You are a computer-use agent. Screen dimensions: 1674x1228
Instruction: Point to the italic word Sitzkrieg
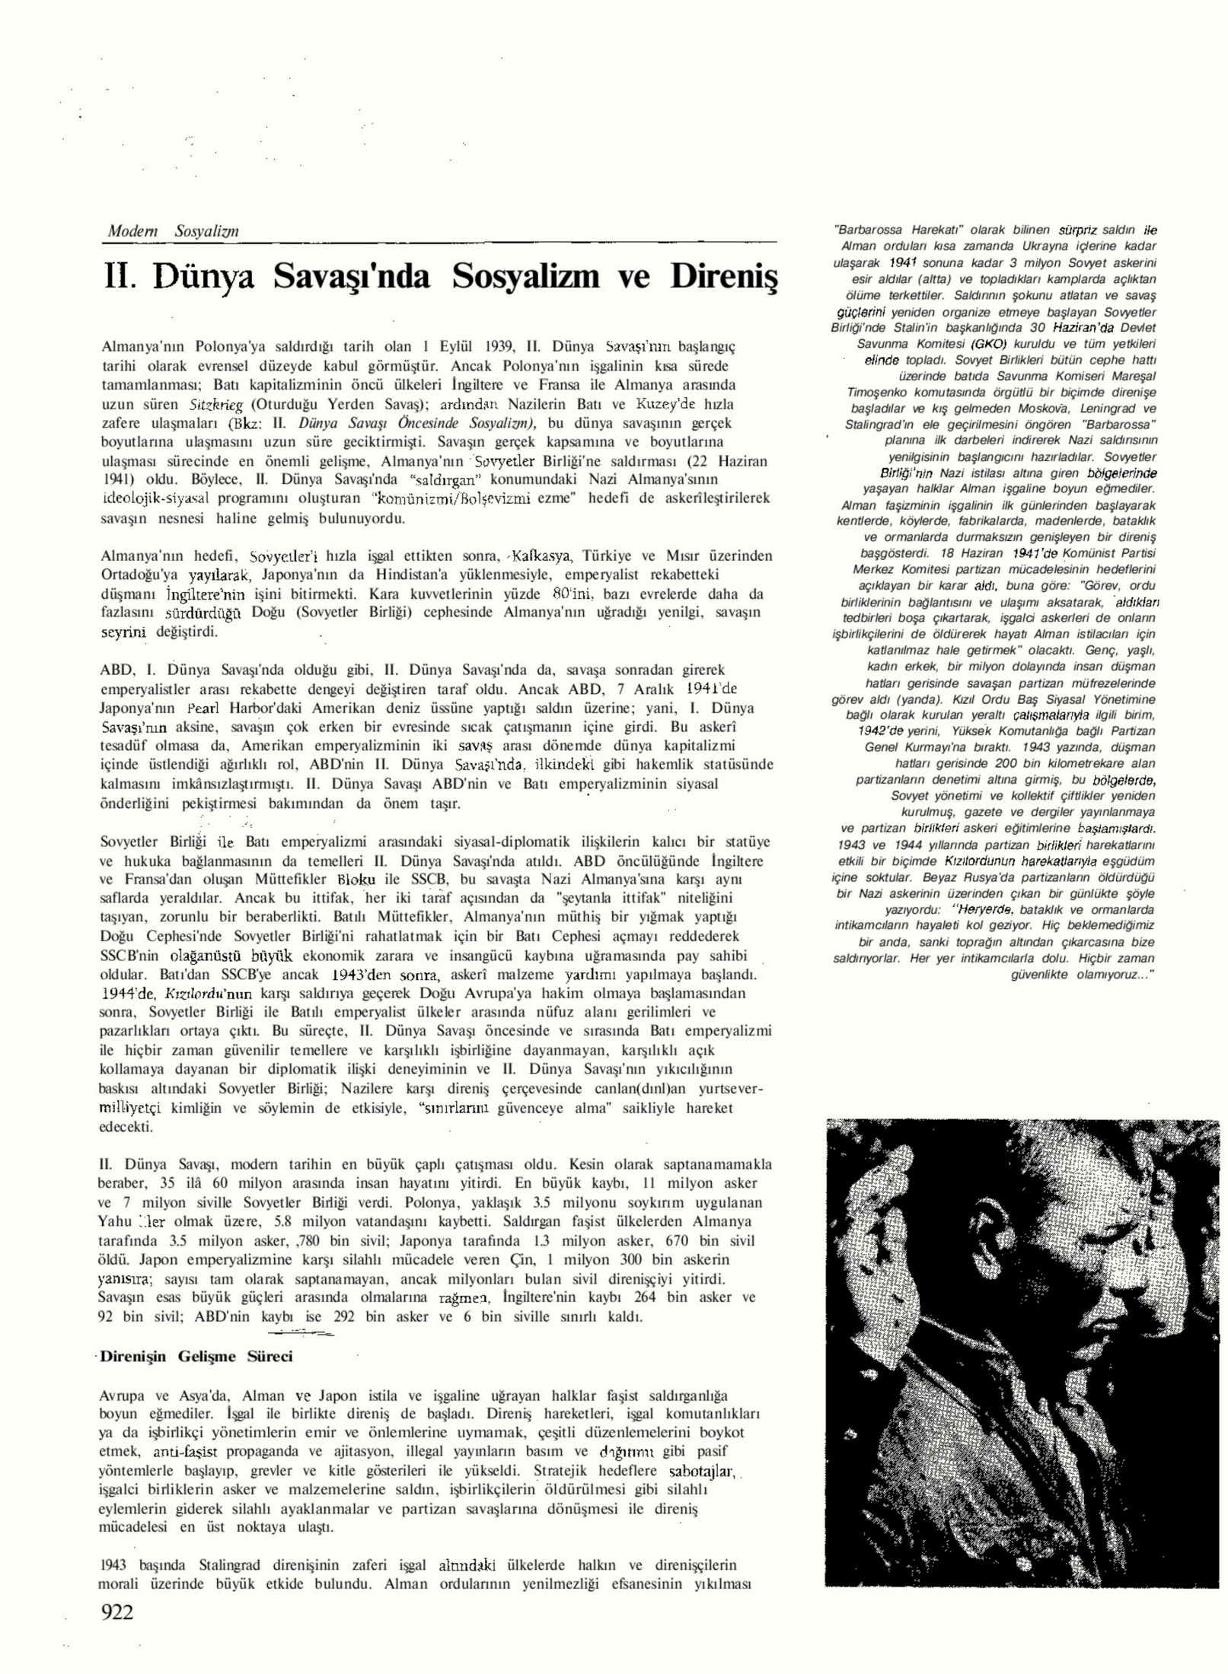(209, 403)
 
